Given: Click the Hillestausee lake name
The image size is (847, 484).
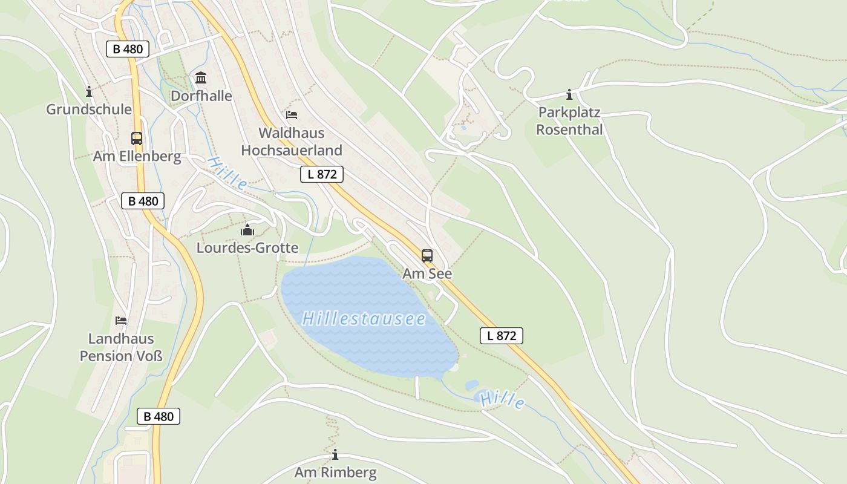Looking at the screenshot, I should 364,319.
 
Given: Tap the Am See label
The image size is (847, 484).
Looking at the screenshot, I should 427,273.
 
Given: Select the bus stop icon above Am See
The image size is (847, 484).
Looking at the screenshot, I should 427,255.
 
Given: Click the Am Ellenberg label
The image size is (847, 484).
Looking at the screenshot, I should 137,157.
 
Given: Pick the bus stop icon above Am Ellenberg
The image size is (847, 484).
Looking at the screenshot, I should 137,138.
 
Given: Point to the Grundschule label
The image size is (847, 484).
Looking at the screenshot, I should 89,110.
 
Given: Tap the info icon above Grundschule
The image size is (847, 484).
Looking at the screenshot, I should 89,91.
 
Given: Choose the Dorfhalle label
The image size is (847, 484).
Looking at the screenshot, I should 201,96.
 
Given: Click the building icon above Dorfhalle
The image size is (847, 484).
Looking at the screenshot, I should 201,78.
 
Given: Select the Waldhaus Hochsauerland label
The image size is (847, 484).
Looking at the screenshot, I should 292,142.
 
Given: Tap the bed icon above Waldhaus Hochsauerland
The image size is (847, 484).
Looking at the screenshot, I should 292,115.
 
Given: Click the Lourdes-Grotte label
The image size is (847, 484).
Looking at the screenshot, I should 247,248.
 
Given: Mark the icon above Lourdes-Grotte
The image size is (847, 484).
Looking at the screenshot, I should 247,230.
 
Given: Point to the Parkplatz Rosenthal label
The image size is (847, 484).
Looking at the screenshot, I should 569,121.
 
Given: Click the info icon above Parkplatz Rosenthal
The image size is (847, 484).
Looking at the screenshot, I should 569,94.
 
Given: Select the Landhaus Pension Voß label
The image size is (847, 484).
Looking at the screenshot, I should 121,347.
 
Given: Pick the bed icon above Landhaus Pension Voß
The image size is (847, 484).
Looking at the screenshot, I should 121,321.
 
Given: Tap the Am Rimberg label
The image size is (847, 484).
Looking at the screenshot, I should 335,472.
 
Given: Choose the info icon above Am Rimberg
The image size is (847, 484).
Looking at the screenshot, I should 335,454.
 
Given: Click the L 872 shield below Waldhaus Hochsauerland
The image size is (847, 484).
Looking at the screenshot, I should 322,174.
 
